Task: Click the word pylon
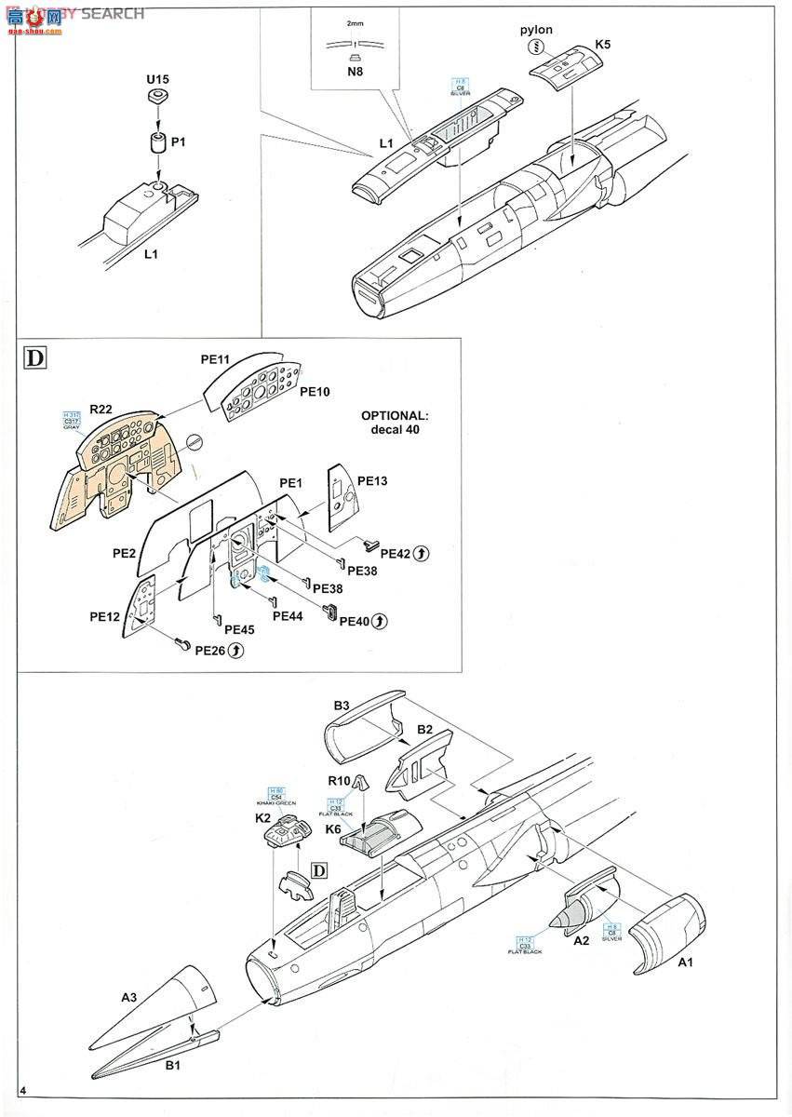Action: coord(536,30)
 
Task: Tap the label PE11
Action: coord(215,358)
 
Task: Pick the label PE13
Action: coord(371,481)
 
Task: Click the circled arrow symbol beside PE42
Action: coord(421,554)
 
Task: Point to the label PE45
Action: coord(239,629)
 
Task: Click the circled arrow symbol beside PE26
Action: coord(236,651)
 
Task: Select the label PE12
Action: coord(106,616)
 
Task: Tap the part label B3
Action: coord(342,706)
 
